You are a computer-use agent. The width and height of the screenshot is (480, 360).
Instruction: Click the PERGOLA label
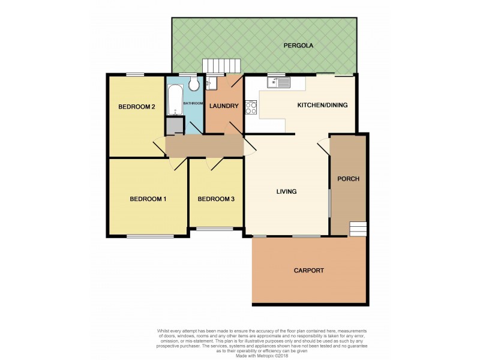coord(299,45)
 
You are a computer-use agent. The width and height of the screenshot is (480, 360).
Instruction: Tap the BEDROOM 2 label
coord(136,107)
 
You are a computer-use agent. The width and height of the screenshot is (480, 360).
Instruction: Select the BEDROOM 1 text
coord(148,199)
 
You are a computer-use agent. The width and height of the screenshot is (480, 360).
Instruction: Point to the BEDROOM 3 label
coord(215,199)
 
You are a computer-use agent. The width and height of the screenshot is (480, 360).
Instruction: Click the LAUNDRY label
coord(224,106)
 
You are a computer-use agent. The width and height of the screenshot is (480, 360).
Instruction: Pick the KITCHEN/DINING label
coord(322,106)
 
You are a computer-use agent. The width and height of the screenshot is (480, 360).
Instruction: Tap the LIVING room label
coord(286,191)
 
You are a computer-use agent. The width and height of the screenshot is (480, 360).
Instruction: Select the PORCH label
coord(348,179)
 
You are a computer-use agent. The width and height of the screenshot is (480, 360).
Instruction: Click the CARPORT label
coord(309,271)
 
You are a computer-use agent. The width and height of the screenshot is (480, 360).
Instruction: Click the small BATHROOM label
coord(193,103)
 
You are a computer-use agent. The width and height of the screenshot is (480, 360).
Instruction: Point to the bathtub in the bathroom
coord(175,100)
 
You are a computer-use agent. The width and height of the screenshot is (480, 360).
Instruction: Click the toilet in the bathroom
coord(192,83)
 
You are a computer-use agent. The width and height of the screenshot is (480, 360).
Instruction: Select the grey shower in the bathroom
coord(175,126)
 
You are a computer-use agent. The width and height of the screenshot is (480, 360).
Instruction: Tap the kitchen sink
coord(279,82)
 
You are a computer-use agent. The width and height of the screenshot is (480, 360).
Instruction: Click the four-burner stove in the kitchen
coord(251,108)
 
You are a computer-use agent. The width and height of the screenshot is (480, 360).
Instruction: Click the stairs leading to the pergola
coord(221,65)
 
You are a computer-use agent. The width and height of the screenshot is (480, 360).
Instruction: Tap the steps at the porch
coord(358,229)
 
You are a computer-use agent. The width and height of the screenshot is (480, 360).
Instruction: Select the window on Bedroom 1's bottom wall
coord(151,236)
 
